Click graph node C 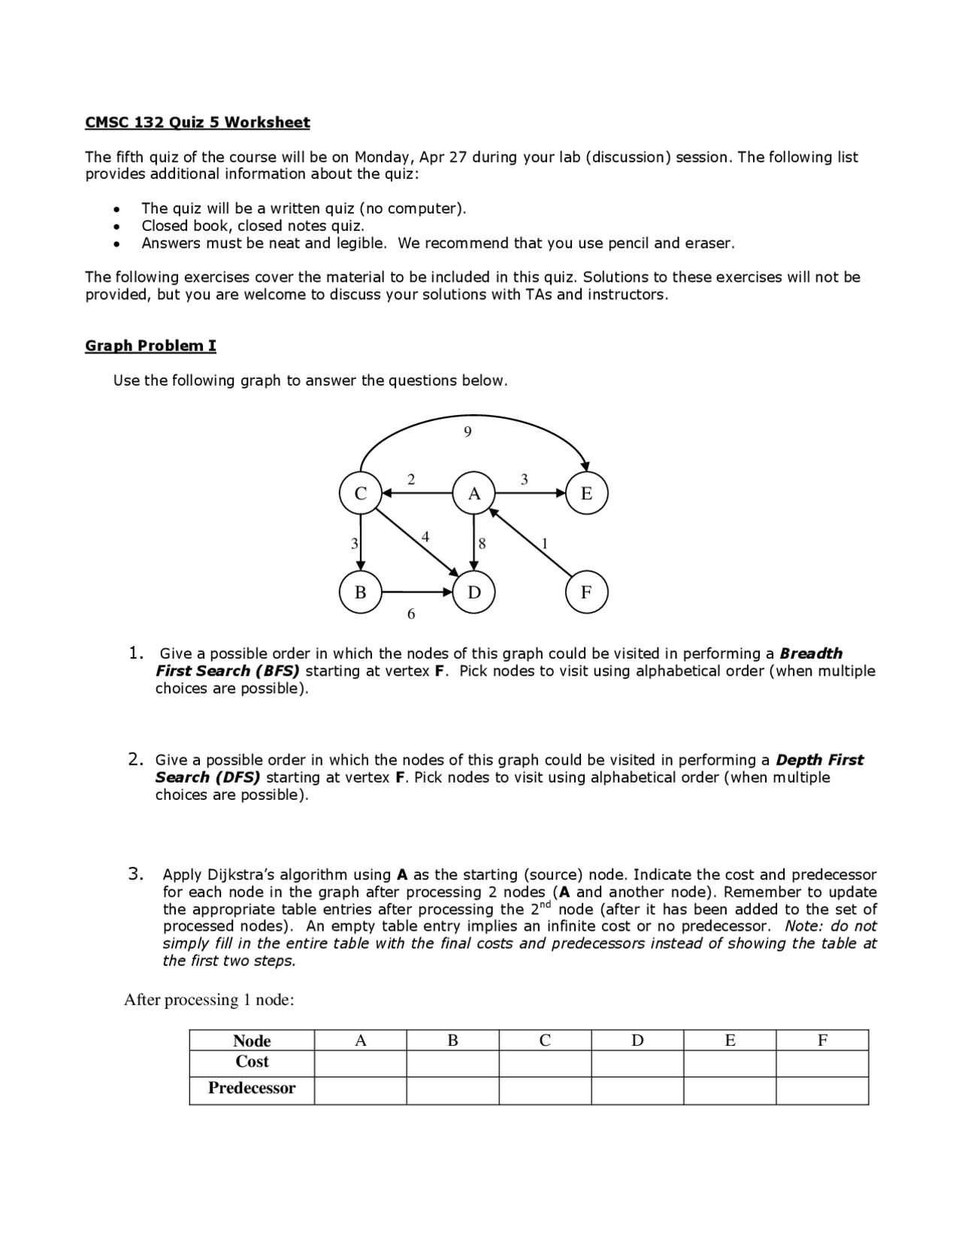click(361, 493)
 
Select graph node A click(473, 493)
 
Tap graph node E click(586, 493)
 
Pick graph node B click(361, 592)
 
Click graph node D click(473, 592)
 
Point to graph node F click(586, 592)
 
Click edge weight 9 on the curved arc click(467, 432)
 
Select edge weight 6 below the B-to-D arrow click(410, 614)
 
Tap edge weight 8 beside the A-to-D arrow click(482, 544)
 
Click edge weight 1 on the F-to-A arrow click(545, 544)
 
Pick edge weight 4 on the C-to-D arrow click(425, 537)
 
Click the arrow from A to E click(530, 493)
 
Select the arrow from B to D click(418, 592)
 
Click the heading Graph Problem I click(150, 346)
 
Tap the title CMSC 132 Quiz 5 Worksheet click(197, 123)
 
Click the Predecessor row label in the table click(252, 1088)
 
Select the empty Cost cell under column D click(637, 1063)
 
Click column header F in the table click(822, 1040)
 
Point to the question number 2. click(135, 759)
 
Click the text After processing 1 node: click(209, 1000)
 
